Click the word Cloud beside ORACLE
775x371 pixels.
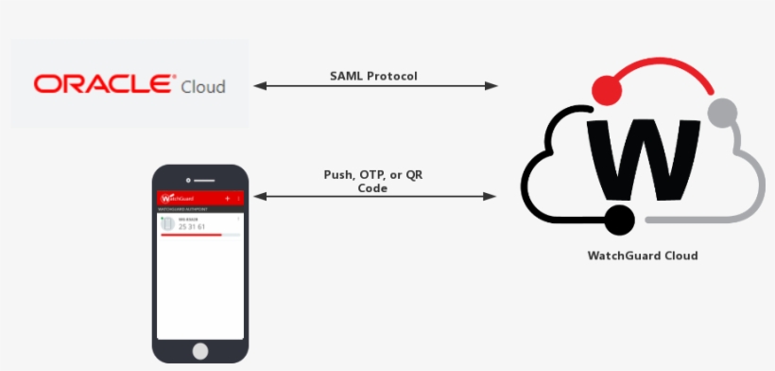202,85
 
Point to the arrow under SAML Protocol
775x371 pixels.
375,86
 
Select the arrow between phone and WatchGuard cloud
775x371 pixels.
375,197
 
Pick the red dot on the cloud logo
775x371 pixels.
605,90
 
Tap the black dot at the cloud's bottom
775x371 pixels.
619,221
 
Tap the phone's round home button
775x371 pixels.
201,350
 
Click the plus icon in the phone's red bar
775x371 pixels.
228,198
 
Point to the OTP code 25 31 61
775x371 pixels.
193,227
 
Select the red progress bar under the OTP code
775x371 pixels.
192,234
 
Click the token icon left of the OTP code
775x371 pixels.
167,224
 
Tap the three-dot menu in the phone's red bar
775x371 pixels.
239,198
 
